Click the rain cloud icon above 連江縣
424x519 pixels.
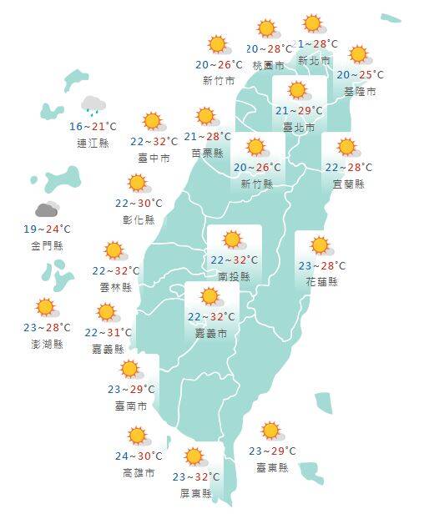pyautogui.click(x=93, y=105)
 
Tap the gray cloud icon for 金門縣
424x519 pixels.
pyautogui.click(x=47, y=209)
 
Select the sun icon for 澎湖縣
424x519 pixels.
pyautogui.click(x=45, y=308)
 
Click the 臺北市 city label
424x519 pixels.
pyautogui.click(x=298, y=128)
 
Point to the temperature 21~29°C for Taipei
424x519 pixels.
pyautogui.click(x=298, y=112)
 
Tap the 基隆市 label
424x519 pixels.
pyautogui.click(x=360, y=91)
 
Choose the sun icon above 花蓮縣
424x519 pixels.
pyautogui.click(x=320, y=246)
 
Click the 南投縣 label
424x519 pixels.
pyautogui.click(x=234, y=275)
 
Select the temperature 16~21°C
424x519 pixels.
pyautogui.click(x=93, y=126)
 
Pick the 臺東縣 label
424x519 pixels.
pyautogui.click(x=271, y=468)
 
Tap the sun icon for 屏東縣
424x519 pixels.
pyautogui.click(x=195, y=456)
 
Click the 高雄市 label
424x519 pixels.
pyautogui.click(x=138, y=473)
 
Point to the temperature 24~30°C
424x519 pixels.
pyautogui.click(x=138, y=456)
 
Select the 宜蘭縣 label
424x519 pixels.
pyautogui.click(x=347, y=184)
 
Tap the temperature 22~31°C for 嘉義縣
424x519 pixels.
pyautogui.click(x=108, y=333)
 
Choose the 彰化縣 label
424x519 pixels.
pyautogui.click(x=139, y=219)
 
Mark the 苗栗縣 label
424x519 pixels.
pyautogui.click(x=208, y=153)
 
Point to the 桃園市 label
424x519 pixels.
pyautogui.click(x=268, y=65)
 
